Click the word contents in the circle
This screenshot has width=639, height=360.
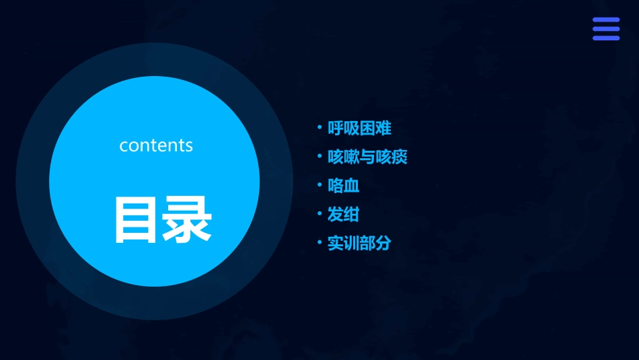click(x=156, y=145)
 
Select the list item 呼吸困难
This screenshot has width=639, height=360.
click(x=359, y=128)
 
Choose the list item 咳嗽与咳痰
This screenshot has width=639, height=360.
click(x=367, y=157)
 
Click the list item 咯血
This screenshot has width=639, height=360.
click(x=343, y=186)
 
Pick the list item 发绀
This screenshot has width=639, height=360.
click(x=343, y=215)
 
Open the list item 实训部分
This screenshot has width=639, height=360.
click(x=359, y=243)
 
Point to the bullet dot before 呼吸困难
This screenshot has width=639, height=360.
click(x=319, y=128)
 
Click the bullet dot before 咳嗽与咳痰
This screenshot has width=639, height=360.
click(x=319, y=157)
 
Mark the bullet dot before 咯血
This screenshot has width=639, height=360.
click(x=319, y=186)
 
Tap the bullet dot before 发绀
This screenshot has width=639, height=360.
click(x=319, y=215)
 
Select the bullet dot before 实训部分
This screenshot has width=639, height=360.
click(x=319, y=243)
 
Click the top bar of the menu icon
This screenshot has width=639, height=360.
click(x=606, y=20)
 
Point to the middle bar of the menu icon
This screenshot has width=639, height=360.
click(x=606, y=29)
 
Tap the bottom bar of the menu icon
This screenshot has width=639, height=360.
click(x=606, y=38)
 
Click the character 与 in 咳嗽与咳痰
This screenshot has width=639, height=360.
click(x=367, y=157)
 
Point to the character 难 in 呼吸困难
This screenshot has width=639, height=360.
click(x=383, y=128)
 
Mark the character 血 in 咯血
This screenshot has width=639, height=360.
click(x=351, y=186)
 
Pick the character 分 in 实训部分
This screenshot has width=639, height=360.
click(x=383, y=243)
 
